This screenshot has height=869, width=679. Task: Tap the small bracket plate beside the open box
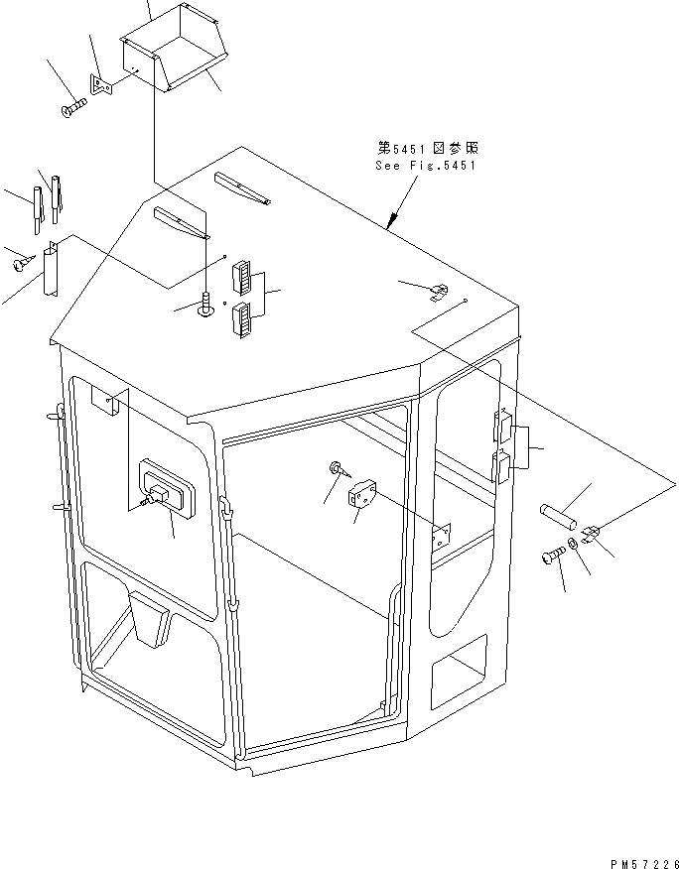102,85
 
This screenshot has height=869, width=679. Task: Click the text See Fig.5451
426,166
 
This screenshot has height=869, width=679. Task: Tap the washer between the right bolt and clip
575,545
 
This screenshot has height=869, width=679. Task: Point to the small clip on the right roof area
438,292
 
